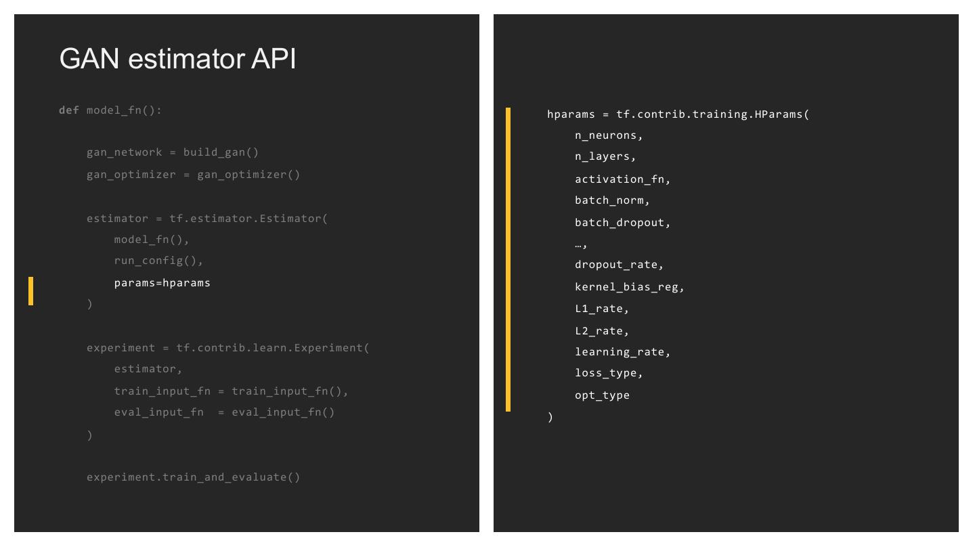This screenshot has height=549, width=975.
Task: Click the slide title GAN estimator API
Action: (177, 59)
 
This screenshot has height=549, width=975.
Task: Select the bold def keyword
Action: (68, 110)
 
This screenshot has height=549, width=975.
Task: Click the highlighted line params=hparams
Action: (162, 283)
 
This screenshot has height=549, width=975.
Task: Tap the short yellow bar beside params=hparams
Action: (30, 291)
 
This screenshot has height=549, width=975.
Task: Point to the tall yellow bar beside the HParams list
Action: (508, 259)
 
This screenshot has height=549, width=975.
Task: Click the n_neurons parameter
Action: (608, 135)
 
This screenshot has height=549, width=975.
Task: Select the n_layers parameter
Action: (605, 156)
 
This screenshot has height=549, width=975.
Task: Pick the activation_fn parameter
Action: (622, 179)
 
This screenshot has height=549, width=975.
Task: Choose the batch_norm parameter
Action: (611, 200)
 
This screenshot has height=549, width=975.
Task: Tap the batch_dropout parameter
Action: (622, 223)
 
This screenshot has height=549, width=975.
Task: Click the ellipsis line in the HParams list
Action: (581, 244)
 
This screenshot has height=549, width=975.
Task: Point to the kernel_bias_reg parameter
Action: (629, 287)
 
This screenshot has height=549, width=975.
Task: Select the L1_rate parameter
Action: (601, 309)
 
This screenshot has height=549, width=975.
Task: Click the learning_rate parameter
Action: (622, 352)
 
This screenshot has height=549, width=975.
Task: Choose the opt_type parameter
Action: (602, 395)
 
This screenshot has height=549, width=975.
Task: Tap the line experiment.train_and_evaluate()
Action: (193, 477)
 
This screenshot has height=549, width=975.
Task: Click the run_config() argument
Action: (158, 261)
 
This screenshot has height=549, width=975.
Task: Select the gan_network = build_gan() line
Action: (173, 152)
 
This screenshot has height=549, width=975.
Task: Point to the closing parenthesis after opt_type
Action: (550, 417)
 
